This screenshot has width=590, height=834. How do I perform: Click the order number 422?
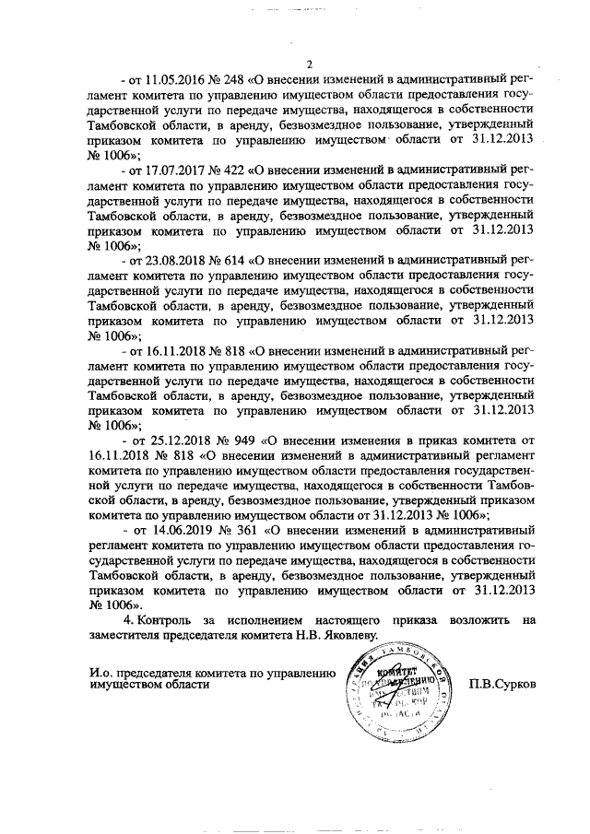(237, 170)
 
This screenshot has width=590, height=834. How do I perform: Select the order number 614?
(237, 261)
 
